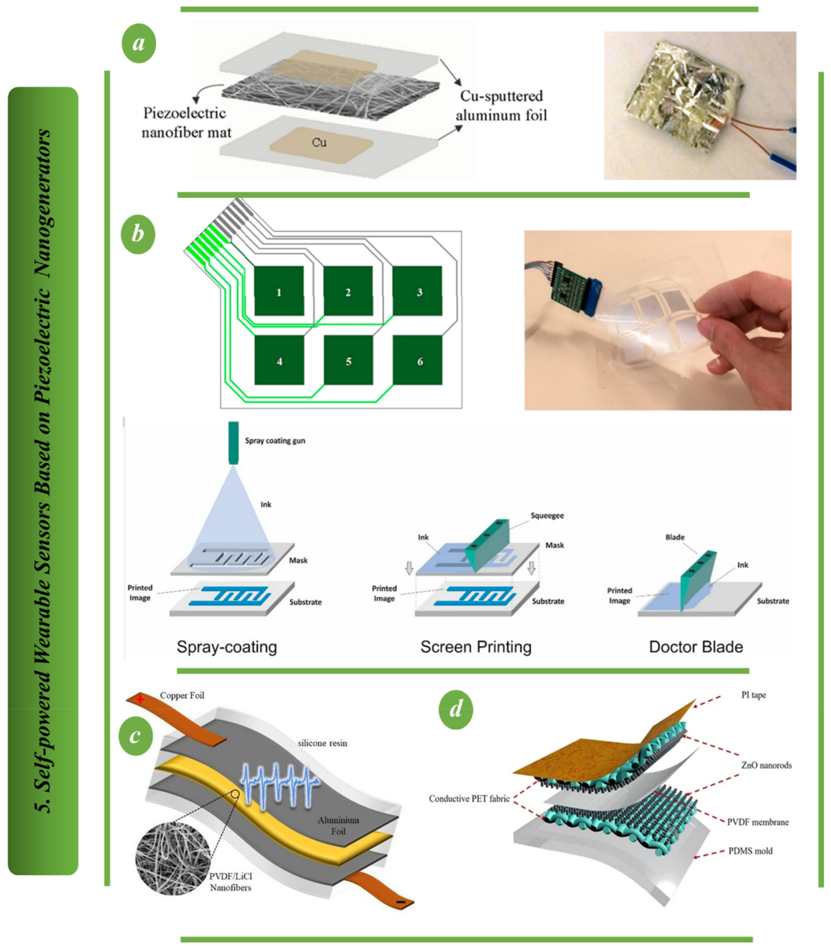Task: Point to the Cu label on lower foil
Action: [x=319, y=142]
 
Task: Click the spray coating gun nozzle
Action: [x=233, y=443]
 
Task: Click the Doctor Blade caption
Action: [x=696, y=647]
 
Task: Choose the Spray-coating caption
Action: [x=227, y=647]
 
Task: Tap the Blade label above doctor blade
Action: [x=675, y=537]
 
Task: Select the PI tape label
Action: [x=753, y=695]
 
